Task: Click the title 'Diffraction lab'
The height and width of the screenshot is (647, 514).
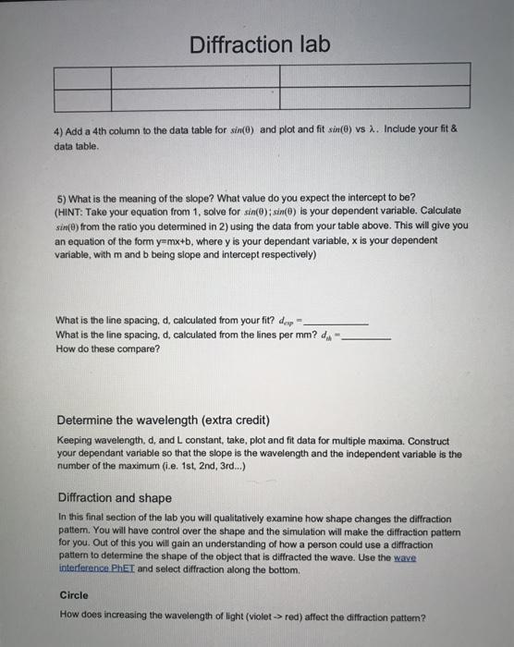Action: coord(258,44)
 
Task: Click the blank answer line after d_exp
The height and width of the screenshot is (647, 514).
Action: coord(337,322)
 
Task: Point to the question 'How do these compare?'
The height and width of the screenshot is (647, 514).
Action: coord(107,349)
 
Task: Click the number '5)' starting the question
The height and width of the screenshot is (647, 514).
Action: coord(60,198)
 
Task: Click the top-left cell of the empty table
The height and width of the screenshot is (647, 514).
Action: coord(82,74)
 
